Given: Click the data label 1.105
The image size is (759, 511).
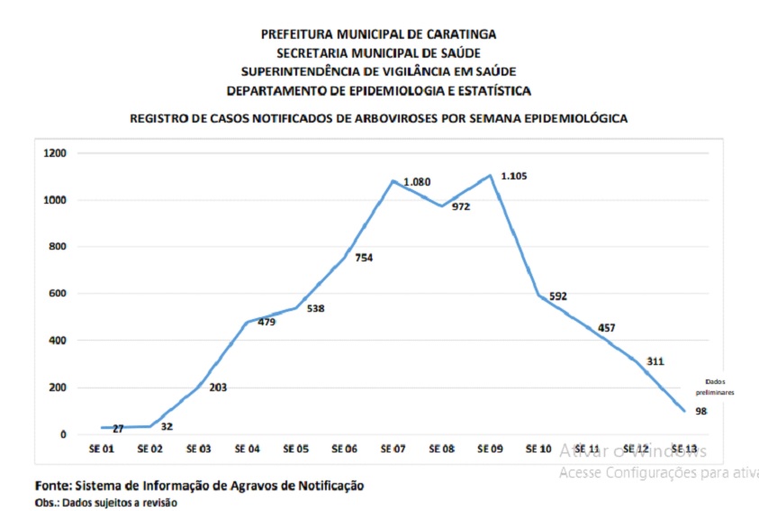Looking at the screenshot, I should click(513, 176).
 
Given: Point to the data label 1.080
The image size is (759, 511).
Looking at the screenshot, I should click(417, 182).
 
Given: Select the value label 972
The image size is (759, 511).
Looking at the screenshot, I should click(460, 206).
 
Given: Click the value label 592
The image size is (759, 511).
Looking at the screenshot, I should click(557, 296).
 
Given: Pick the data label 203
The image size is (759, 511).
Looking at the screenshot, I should click(217, 388).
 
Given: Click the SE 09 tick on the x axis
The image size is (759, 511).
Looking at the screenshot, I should click(490, 447).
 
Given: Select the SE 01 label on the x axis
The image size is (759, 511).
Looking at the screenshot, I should click(102, 447).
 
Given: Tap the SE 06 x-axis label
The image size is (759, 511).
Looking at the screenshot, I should click(344, 447).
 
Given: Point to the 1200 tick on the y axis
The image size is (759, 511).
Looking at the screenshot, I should click(56, 153).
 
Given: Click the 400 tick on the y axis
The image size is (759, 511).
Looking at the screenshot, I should click(59, 341).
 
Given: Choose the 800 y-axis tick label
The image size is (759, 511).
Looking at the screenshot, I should click(59, 247).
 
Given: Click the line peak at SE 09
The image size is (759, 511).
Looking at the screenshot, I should click(490, 176).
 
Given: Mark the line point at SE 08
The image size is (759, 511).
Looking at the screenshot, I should click(441, 205).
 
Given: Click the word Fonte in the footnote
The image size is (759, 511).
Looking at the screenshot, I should click(54, 485).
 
